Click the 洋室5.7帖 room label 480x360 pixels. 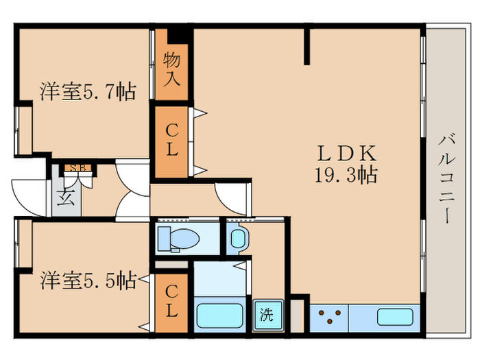click(x=88, y=91)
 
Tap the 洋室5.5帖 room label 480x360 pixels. click(x=88, y=280)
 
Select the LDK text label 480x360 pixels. click(x=346, y=154)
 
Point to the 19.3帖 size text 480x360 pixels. click(x=346, y=175)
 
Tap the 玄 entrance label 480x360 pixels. click(x=66, y=197)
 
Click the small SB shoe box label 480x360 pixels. click(x=77, y=168)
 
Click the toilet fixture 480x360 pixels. click(x=177, y=239)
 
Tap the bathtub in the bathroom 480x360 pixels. click(x=219, y=315)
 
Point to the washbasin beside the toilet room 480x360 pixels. click(x=238, y=239)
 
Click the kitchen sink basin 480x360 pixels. click(x=395, y=317)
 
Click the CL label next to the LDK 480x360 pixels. click(x=171, y=141)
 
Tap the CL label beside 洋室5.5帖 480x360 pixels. click(x=171, y=302)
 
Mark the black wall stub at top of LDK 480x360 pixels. click(x=307, y=47)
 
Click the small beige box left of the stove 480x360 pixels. click(x=297, y=316)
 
